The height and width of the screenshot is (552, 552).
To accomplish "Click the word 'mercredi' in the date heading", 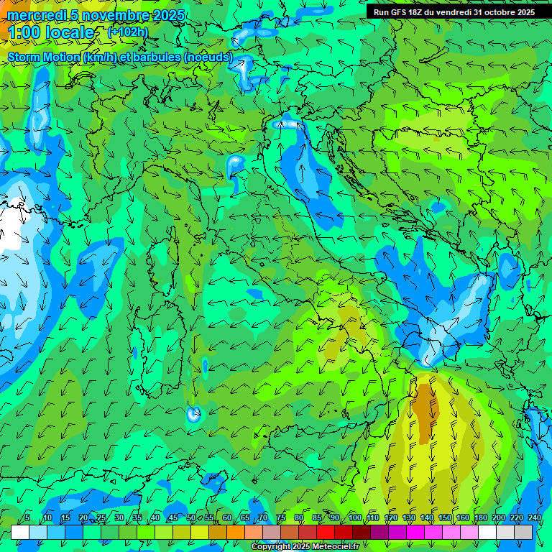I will [x=35, y=15].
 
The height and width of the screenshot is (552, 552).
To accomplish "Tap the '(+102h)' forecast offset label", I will [x=127, y=32].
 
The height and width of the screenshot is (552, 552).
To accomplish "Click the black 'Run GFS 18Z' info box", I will [x=454, y=12].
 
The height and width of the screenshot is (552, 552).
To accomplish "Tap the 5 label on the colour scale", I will [x=27, y=518].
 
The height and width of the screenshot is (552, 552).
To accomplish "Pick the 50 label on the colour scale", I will [x=190, y=518].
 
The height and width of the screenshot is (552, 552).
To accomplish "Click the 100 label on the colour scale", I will [x=354, y=518].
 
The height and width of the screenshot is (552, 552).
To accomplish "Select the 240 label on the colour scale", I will [x=534, y=518].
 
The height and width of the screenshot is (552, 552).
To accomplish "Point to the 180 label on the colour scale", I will [x=480, y=518].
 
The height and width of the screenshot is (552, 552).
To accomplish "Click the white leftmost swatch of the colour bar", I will [x=20, y=532].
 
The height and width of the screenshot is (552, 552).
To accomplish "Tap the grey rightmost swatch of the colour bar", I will [x=524, y=532].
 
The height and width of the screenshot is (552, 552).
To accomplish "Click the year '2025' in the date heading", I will [x=168, y=15].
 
